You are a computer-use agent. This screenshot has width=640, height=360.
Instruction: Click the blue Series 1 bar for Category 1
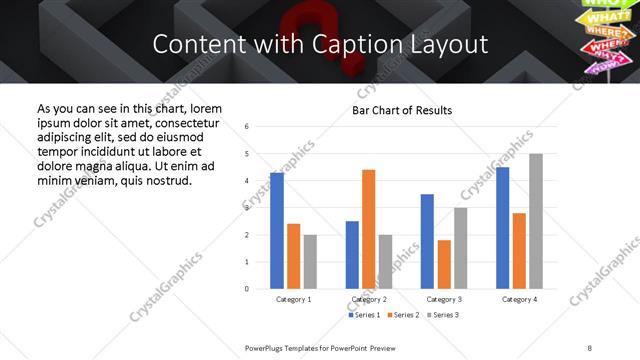(x=277, y=231)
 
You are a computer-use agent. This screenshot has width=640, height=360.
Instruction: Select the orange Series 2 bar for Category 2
(x=368, y=229)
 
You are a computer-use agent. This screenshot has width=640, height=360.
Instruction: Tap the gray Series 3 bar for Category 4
(x=536, y=221)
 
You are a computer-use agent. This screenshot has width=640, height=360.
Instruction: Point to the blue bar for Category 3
(x=427, y=241)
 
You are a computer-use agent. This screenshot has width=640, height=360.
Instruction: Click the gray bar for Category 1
(x=310, y=262)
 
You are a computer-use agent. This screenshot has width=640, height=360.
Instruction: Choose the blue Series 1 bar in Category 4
(x=502, y=228)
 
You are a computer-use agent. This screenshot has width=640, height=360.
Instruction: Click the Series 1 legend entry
(x=364, y=315)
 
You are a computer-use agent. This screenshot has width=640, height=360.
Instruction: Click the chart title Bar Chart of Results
(x=402, y=110)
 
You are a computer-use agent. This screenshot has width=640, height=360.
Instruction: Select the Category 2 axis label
(x=368, y=299)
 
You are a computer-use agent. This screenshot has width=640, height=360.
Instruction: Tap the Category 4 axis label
(x=519, y=299)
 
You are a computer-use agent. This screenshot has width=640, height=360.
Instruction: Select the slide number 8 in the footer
(x=590, y=347)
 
